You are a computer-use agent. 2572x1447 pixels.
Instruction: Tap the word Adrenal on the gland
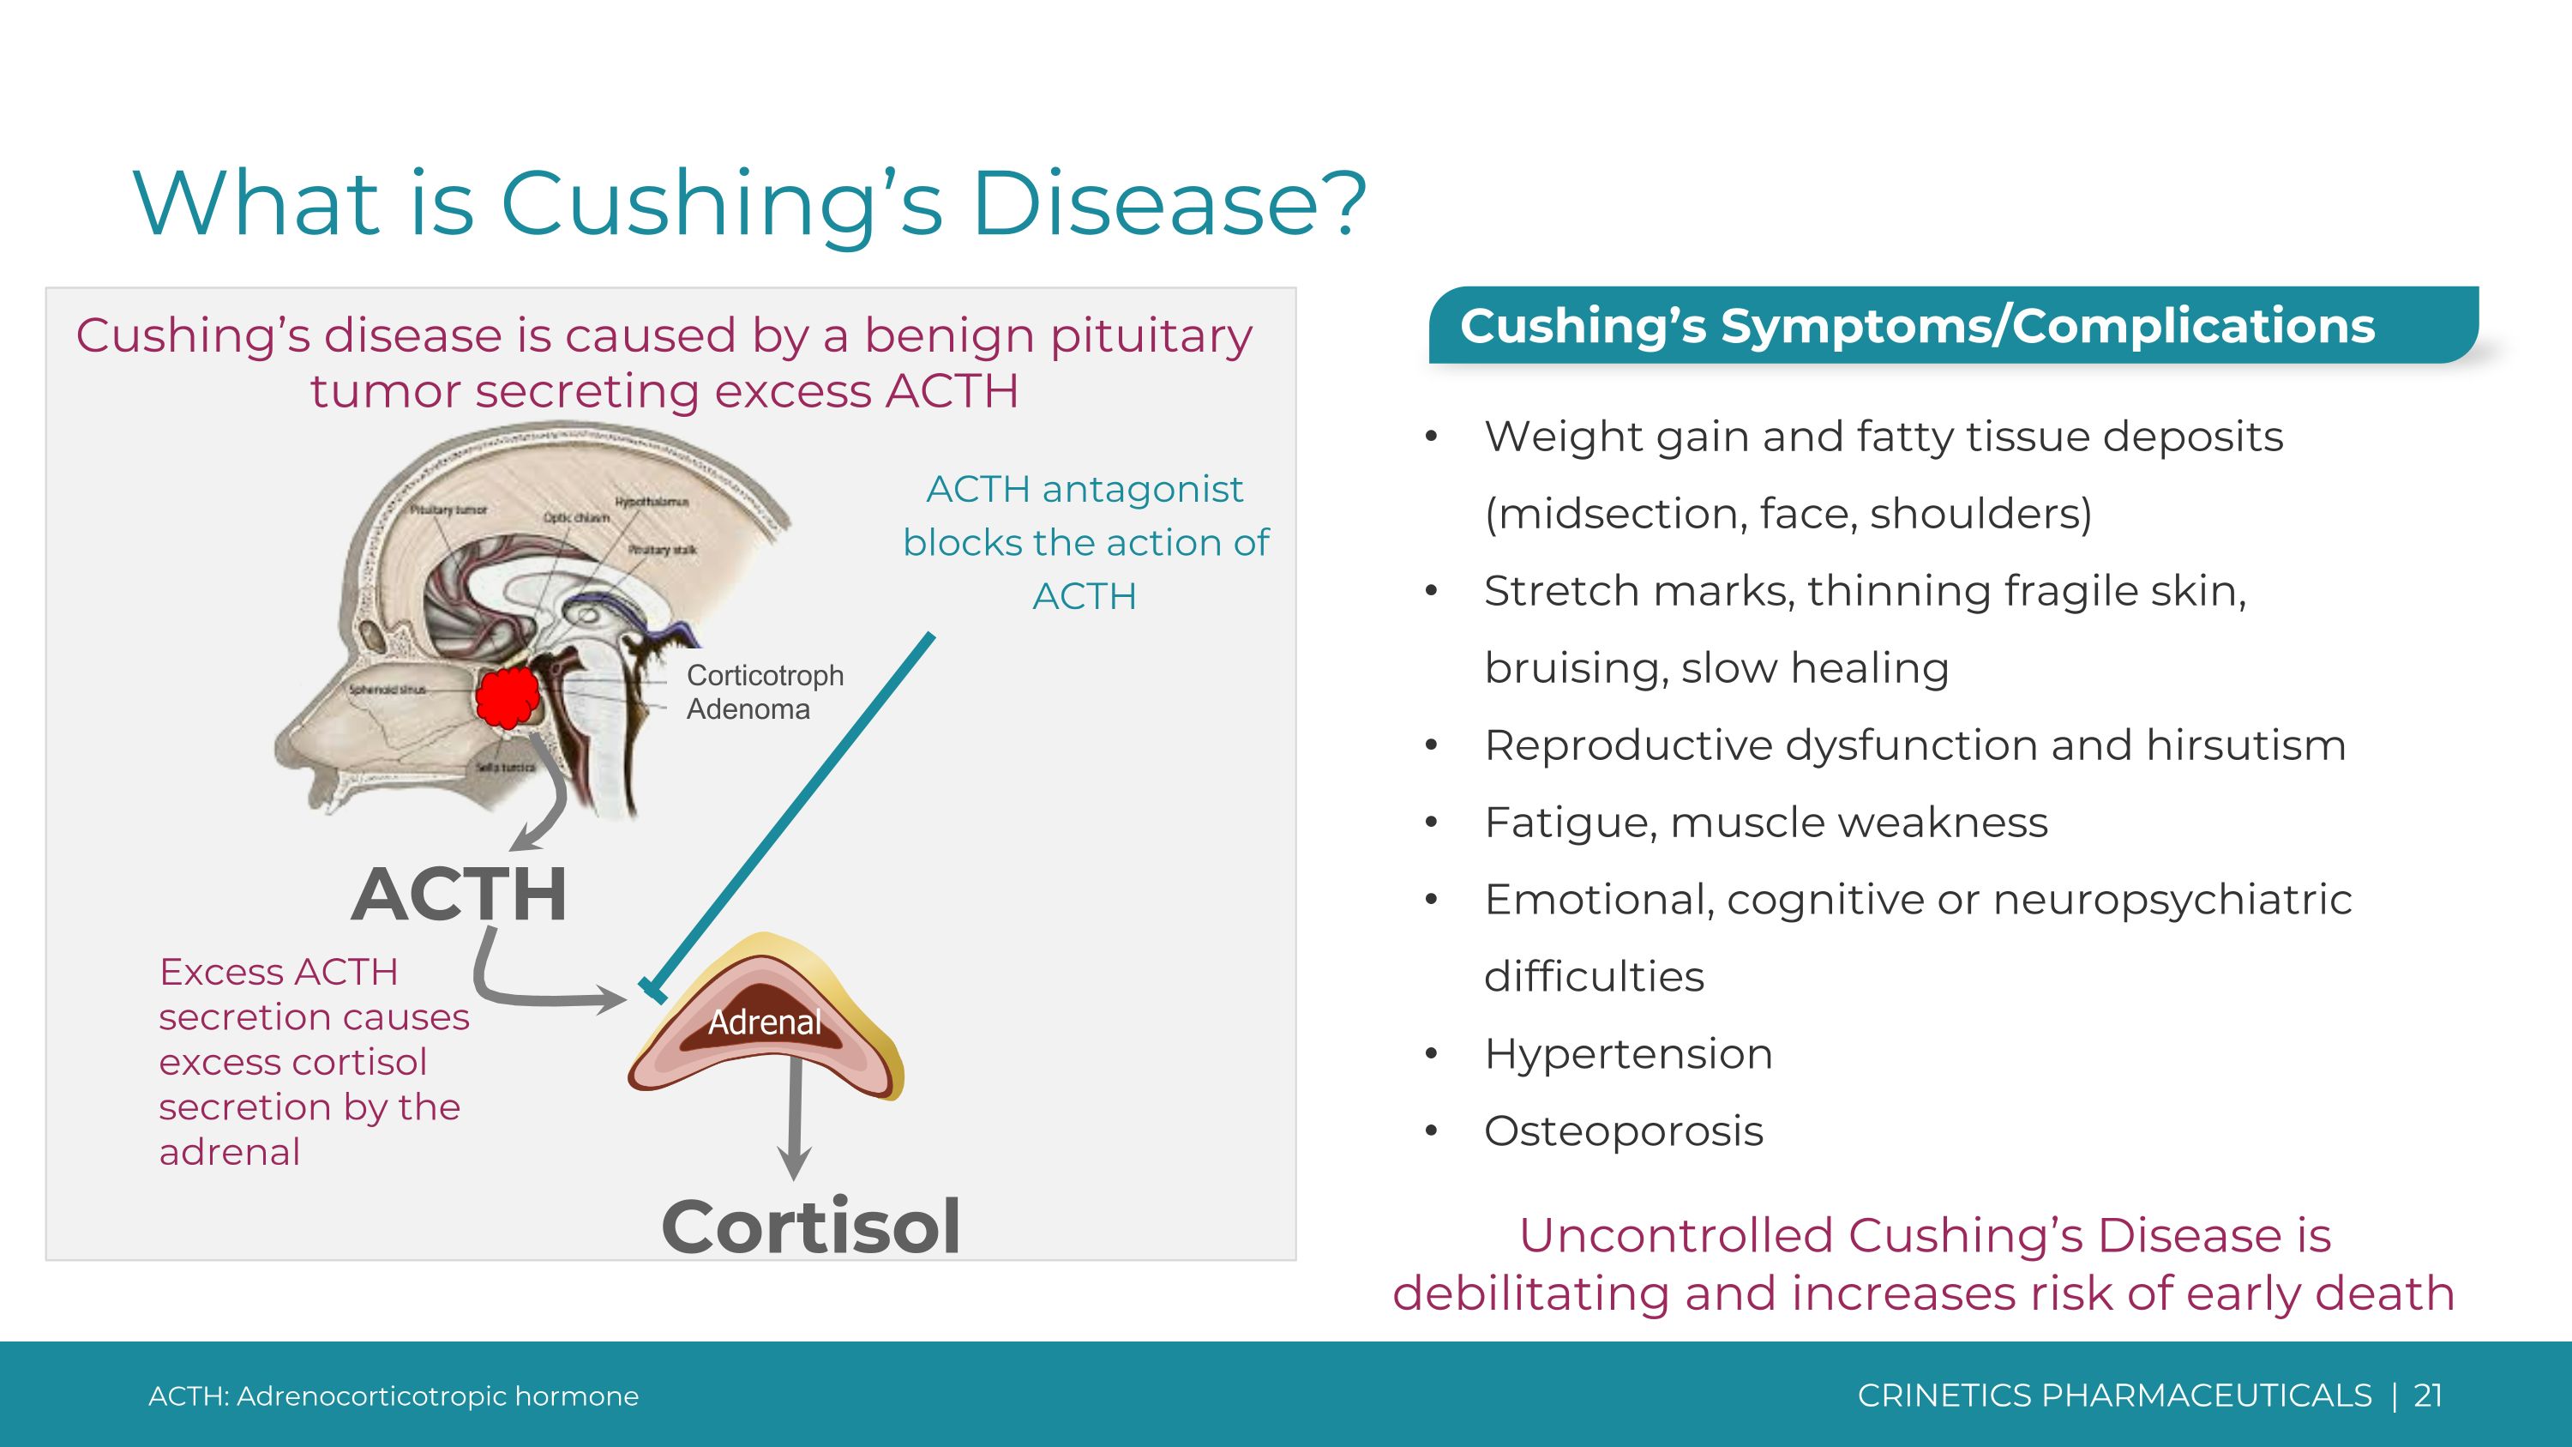765,1022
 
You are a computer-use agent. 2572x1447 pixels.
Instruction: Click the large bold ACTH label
460,894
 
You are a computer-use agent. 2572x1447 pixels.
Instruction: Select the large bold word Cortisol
811,1227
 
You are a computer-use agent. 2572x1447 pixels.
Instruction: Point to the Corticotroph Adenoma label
764,692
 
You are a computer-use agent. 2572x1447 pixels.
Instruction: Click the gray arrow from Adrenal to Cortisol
795,1118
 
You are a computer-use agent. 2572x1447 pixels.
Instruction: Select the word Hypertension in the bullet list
1627,1053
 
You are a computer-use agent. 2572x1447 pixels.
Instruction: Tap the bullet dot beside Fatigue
1431,823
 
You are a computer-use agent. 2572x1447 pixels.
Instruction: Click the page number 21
2427,1395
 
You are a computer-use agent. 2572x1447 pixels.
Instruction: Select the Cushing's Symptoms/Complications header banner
1952,326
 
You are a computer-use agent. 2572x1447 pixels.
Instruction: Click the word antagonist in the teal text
1142,489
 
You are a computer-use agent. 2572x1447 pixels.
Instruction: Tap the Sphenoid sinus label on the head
388,689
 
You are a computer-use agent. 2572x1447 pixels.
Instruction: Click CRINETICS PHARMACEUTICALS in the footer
2113,1395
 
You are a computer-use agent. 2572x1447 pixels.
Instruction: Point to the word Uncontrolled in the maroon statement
1678,1235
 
